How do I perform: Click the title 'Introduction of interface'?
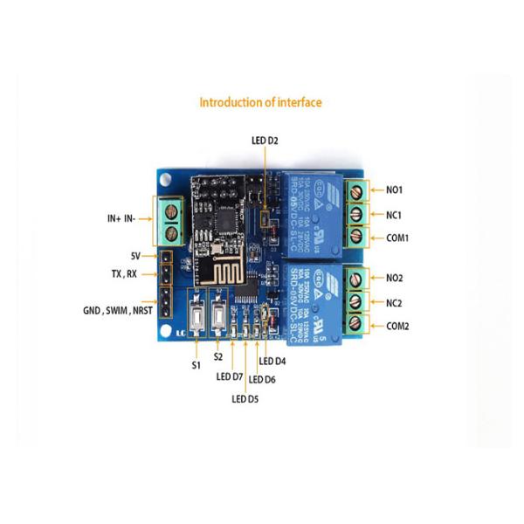coord(261,103)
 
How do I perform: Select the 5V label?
coord(135,256)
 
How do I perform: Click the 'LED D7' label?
coord(229,377)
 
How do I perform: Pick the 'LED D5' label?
coord(245,399)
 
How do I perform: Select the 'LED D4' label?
coord(274,362)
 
